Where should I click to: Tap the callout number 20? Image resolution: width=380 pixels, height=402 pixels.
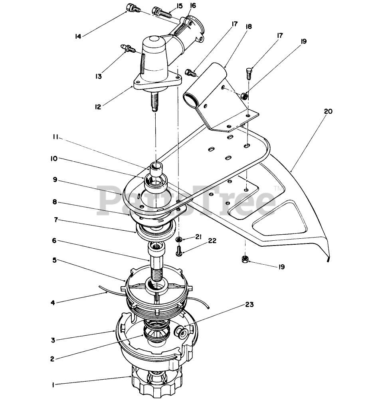[x=328, y=111]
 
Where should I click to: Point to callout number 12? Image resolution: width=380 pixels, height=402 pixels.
[x=98, y=107]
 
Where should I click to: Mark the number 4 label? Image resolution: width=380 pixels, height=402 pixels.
[x=53, y=303]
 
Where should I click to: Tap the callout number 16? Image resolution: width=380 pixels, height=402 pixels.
[x=193, y=6]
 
